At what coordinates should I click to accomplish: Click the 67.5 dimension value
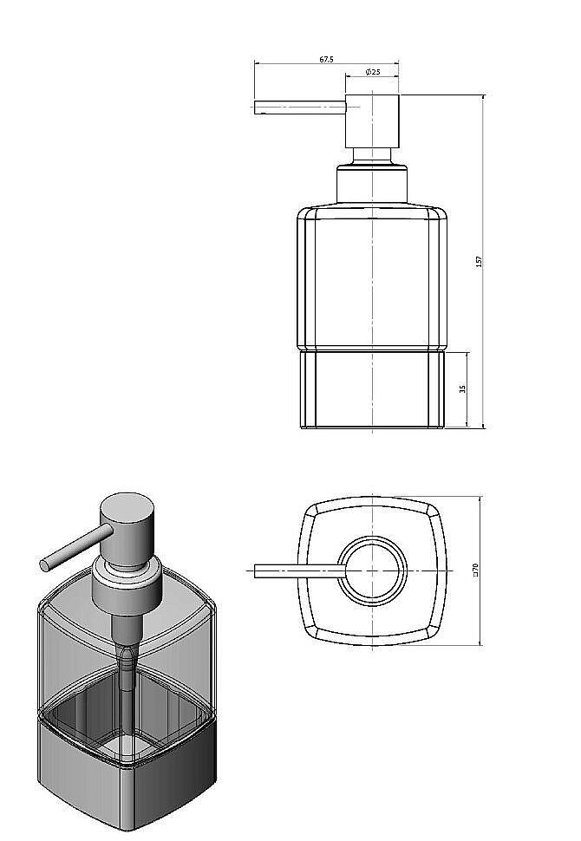(x=326, y=60)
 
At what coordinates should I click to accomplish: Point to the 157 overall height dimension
(x=479, y=261)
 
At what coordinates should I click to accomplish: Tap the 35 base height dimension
(x=463, y=389)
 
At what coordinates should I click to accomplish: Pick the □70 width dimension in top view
(x=474, y=570)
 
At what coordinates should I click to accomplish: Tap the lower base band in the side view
(x=372, y=390)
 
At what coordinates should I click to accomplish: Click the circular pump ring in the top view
(x=372, y=570)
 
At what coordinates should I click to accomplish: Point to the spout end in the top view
(x=258, y=570)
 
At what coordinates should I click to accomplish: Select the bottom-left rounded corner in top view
(x=309, y=631)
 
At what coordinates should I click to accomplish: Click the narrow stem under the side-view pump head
(x=372, y=157)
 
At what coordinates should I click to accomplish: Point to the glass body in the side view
(x=372, y=277)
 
